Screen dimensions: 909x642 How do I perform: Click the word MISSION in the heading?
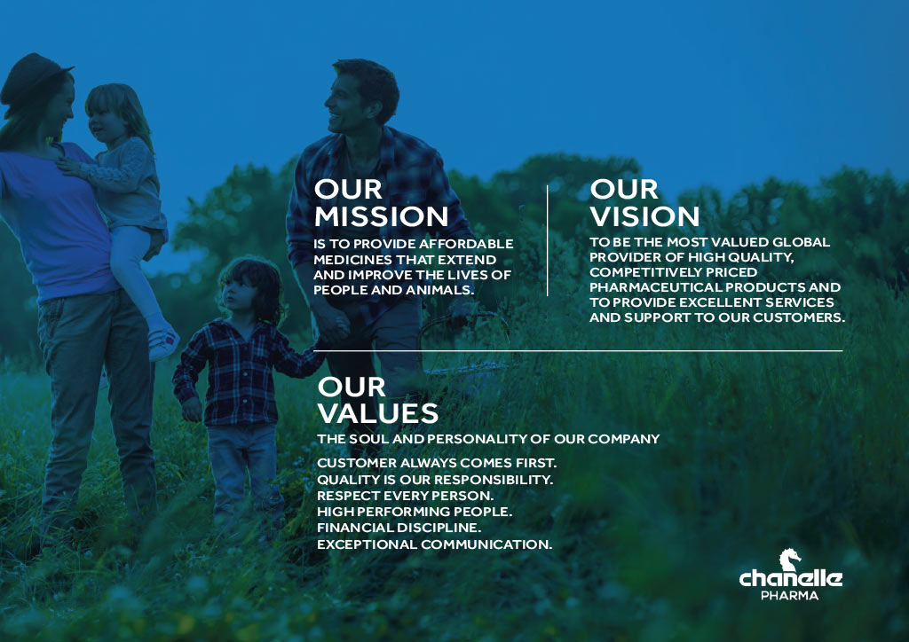[382, 216]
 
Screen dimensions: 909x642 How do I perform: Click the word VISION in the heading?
[644, 216]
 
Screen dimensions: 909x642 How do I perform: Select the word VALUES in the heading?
[378, 413]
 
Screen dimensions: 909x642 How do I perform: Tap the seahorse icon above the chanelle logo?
[789, 560]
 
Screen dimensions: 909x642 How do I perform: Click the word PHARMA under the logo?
[789, 596]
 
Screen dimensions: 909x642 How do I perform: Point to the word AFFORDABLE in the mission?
[467, 244]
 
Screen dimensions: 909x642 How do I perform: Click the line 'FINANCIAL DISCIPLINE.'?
[399, 528]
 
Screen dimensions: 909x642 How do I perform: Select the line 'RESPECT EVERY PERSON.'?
[405, 496]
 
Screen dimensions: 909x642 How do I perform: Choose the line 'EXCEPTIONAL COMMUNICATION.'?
[434, 544]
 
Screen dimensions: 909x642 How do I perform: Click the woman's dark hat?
[32, 77]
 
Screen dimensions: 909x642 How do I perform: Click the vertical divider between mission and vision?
[547, 241]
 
